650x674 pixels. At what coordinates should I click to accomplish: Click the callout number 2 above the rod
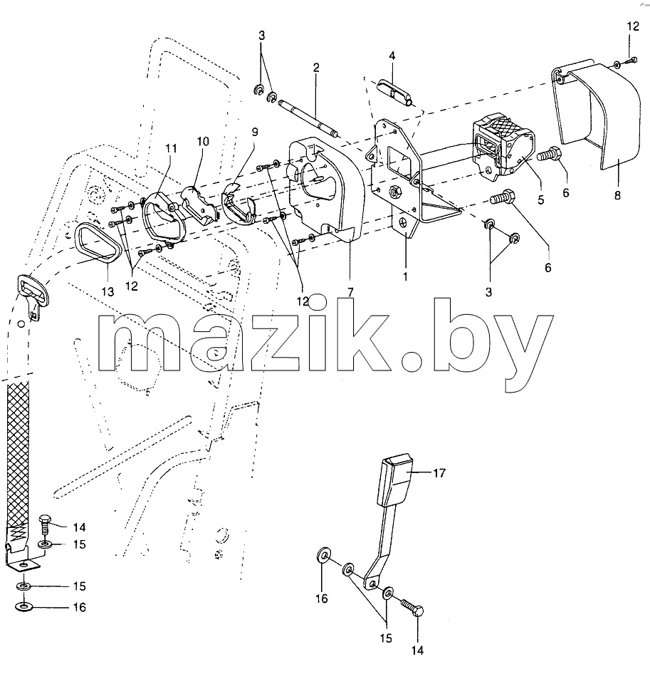tap(316, 68)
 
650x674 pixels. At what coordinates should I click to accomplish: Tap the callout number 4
tap(392, 56)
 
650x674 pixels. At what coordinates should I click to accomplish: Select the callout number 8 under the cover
tap(617, 196)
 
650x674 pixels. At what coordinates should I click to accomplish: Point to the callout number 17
tap(439, 473)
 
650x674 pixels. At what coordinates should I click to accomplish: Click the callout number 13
tap(108, 291)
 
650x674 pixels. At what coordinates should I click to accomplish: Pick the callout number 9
tap(255, 132)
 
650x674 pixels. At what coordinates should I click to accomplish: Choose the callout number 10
tap(203, 141)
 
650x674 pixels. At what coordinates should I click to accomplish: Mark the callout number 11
tap(171, 148)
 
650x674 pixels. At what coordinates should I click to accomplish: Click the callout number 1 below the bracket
tap(404, 277)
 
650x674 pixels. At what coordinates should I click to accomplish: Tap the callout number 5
tap(540, 199)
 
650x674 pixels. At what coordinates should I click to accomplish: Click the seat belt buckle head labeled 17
tap(394, 482)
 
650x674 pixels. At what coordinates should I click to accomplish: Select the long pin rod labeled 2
tap(308, 119)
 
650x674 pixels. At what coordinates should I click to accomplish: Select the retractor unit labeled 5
tap(504, 144)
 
